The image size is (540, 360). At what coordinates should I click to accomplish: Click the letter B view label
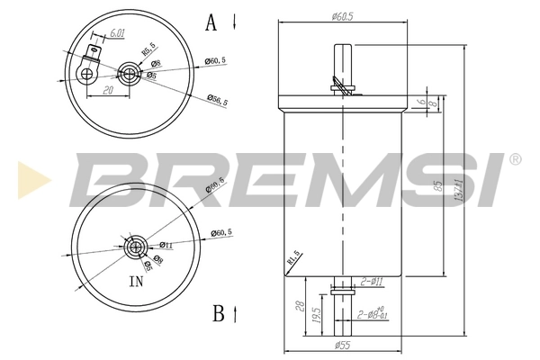point(218,313)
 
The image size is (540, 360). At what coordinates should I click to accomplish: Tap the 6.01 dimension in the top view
point(116,34)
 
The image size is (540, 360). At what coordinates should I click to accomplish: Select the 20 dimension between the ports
point(106,90)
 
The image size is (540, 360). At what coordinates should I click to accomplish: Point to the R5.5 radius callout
point(148,47)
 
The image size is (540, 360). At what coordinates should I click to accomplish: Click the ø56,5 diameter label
point(216,103)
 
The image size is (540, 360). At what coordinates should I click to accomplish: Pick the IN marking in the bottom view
point(137,282)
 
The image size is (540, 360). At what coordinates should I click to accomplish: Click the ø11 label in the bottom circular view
point(166,245)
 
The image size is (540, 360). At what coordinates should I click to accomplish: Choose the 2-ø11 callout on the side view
point(372,282)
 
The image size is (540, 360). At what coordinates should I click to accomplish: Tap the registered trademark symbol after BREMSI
point(515,159)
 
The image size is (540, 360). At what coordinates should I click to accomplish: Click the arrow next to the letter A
point(234,22)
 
